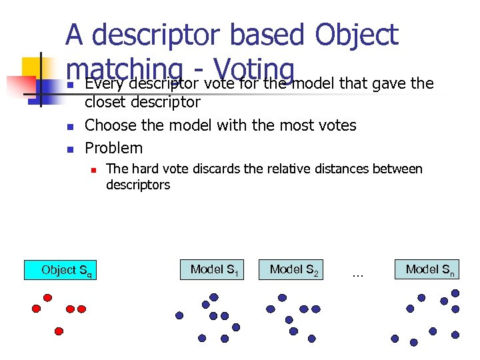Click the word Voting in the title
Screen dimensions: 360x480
pos(253,67)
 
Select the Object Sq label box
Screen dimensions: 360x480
pos(61,270)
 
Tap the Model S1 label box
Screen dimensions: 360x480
pos(213,270)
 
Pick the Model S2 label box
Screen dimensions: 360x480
pos(294,270)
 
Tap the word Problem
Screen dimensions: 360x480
pos(113,147)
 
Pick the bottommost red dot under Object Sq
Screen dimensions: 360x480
pos(59,331)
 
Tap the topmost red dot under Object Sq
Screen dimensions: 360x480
pos(47,297)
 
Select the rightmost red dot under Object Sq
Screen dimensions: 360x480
pos(81,309)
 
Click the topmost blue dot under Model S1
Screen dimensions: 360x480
pos(214,297)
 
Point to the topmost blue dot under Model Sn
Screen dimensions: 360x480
pos(455,293)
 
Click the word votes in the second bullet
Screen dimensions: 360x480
pos(338,125)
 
